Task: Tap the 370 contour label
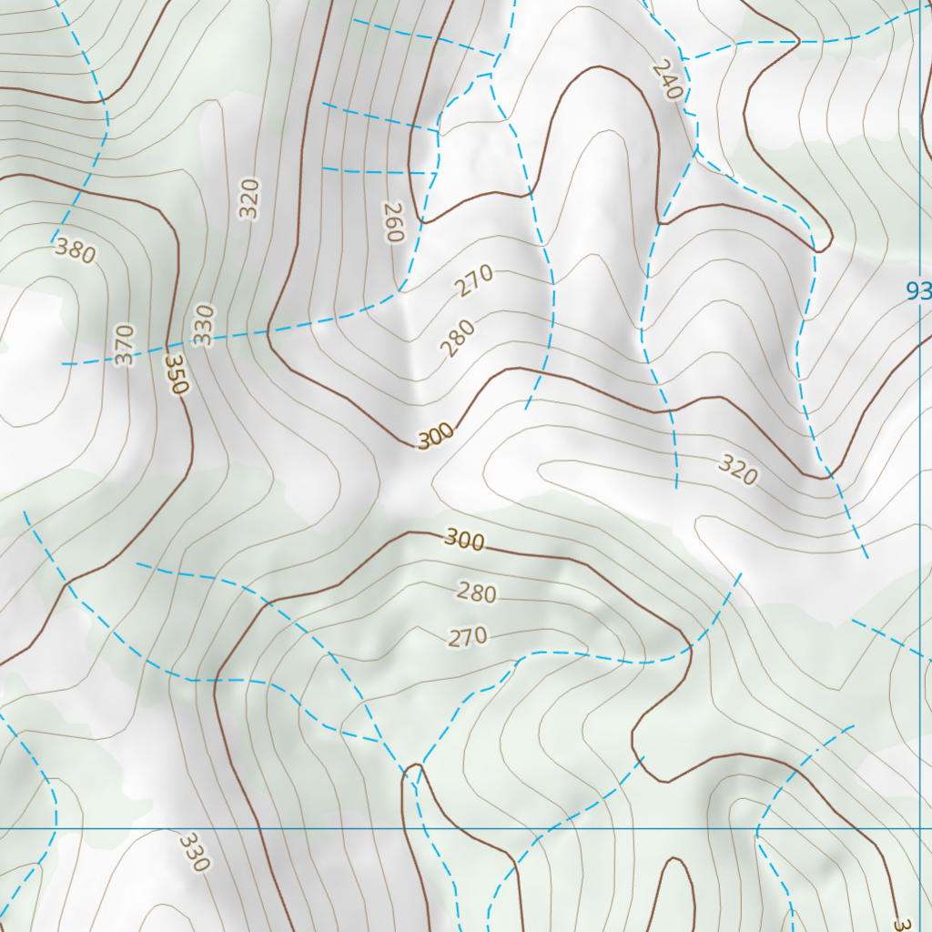click(125, 345)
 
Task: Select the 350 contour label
click(176, 374)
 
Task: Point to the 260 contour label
click(392, 222)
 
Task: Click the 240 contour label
click(667, 80)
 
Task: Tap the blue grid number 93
click(918, 291)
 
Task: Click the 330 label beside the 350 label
click(203, 325)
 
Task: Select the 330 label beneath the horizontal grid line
click(193, 852)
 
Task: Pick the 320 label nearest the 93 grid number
click(737, 470)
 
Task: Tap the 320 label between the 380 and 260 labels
click(248, 198)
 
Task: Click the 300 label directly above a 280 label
click(465, 541)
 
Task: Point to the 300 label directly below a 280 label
click(436, 438)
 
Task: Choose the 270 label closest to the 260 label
click(474, 280)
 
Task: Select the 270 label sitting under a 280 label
click(468, 637)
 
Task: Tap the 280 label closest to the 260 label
click(457, 339)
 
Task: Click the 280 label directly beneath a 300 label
click(476, 593)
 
